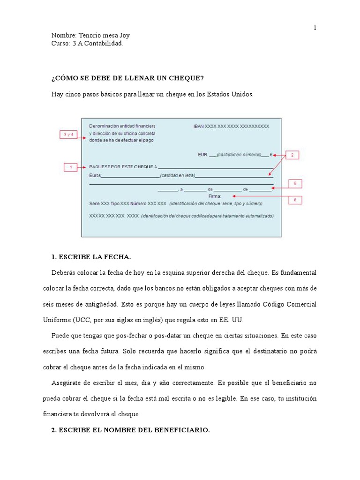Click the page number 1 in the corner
pyautogui.click(x=315, y=28)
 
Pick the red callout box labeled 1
pyautogui.click(x=70, y=166)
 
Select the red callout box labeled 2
pyautogui.click(x=292, y=155)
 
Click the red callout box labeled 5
pyautogui.click(x=295, y=184)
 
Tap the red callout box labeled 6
pyautogui.click(x=295, y=200)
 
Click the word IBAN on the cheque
pyautogui.click(x=199, y=127)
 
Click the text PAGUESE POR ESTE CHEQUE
pyautogui.click(x=121, y=166)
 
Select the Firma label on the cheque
pyautogui.click(x=215, y=196)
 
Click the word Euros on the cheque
pyautogui.click(x=95, y=176)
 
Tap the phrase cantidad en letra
pyautogui.click(x=177, y=176)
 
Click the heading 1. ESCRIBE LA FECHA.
pyautogui.click(x=91, y=257)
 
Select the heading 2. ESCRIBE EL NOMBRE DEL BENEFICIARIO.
pyautogui.click(x=130, y=430)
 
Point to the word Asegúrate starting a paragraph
pyautogui.click(x=70, y=383)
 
